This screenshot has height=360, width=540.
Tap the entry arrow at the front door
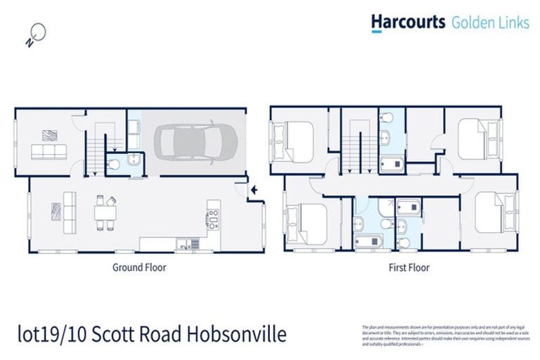tap(254, 188)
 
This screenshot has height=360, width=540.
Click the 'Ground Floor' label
tap(139, 267)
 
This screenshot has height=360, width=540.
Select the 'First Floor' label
tap(409, 267)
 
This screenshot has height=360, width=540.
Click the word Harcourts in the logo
tap(408, 22)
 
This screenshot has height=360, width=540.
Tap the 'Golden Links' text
tap(489, 22)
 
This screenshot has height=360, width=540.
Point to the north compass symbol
tap(36, 33)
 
